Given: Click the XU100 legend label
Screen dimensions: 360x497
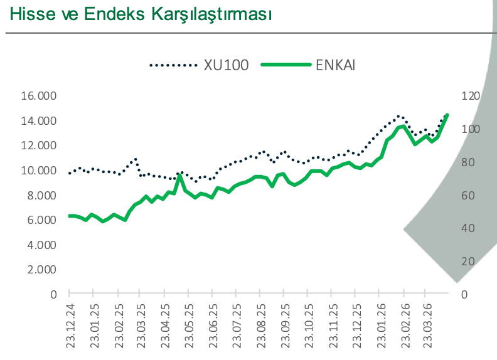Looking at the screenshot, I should point(226,64).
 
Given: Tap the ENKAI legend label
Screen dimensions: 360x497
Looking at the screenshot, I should point(336,64).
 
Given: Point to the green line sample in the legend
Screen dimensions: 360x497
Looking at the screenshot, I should point(285,64).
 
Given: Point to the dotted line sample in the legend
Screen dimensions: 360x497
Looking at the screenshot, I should point(173,64).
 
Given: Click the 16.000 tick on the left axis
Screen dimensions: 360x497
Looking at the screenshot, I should point(39,96).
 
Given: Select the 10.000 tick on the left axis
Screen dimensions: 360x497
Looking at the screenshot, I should point(39,171).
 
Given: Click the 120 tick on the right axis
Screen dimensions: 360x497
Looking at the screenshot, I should point(471,96).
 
